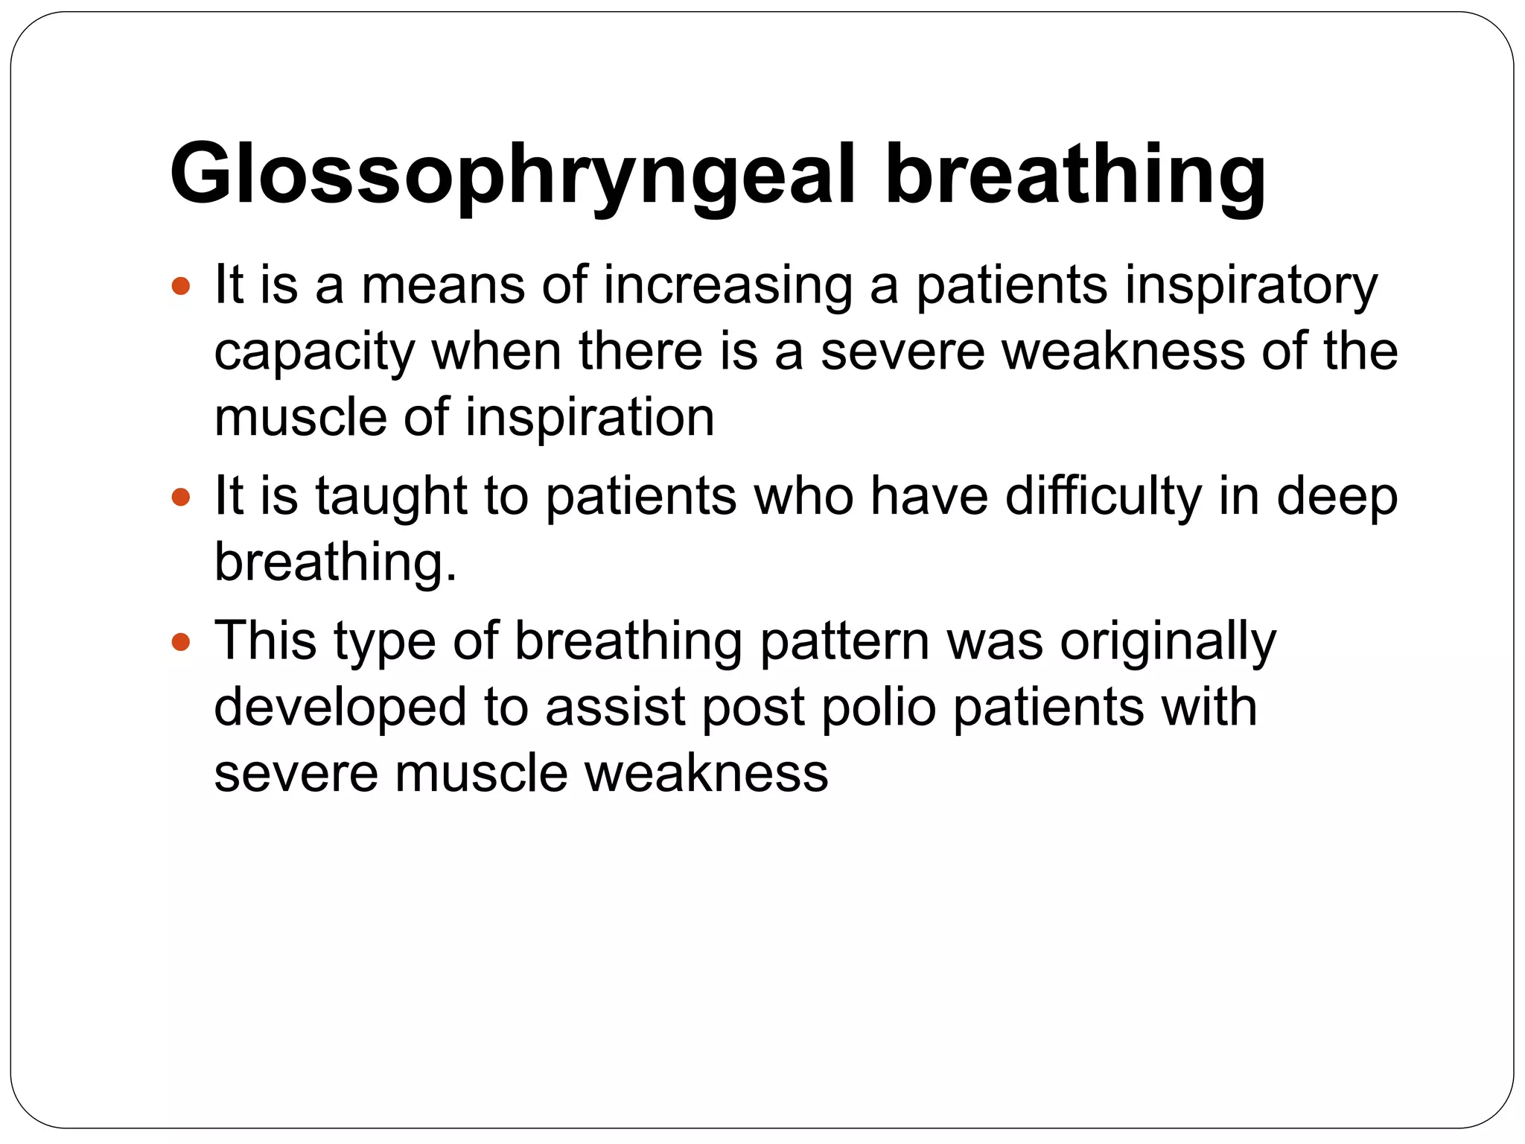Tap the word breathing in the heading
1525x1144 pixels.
(x=1075, y=174)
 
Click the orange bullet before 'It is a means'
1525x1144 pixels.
(x=180, y=285)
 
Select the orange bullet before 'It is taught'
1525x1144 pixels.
(x=180, y=497)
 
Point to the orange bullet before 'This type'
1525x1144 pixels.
(x=180, y=641)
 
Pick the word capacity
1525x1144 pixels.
(x=313, y=352)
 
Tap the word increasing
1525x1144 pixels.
(x=728, y=285)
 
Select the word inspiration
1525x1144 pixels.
(x=590, y=417)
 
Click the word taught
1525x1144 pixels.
(x=391, y=497)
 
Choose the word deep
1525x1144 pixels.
(x=1337, y=497)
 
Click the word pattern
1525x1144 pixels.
(x=844, y=641)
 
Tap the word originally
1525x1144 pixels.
(x=1168, y=641)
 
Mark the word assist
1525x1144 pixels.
(x=615, y=707)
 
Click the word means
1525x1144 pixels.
(x=442, y=285)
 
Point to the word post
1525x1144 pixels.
(x=754, y=707)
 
